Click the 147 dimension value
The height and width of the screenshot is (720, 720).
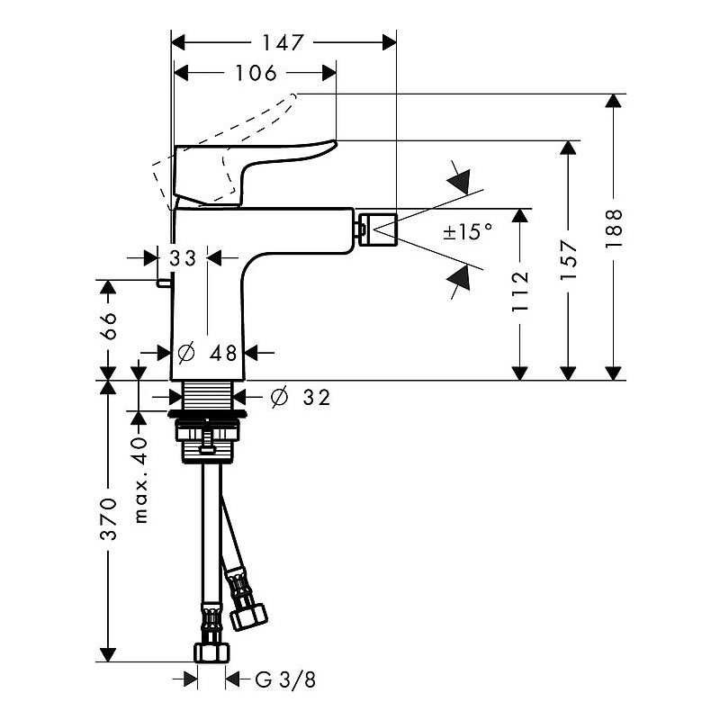(283, 43)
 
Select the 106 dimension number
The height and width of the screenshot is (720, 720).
(256, 73)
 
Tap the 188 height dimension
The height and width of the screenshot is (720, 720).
(614, 229)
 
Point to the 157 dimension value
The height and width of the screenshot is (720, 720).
(568, 259)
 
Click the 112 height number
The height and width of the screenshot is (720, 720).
(520, 292)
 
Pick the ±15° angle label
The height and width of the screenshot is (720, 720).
(467, 231)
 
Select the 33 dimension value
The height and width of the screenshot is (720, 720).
(183, 258)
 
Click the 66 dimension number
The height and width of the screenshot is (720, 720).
(109, 326)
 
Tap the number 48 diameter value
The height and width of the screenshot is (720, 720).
(223, 353)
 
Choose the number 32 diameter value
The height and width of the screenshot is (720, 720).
(317, 397)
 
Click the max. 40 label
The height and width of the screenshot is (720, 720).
(141, 481)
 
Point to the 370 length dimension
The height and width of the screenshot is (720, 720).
(109, 518)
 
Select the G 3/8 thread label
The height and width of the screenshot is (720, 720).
(285, 679)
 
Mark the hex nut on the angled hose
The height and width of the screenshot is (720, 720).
(248, 617)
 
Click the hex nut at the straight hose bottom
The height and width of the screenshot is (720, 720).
(211, 652)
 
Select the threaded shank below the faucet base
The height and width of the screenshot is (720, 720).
(207, 395)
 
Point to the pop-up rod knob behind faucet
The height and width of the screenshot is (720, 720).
(164, 283)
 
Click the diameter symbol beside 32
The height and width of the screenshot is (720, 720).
(279, 397)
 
